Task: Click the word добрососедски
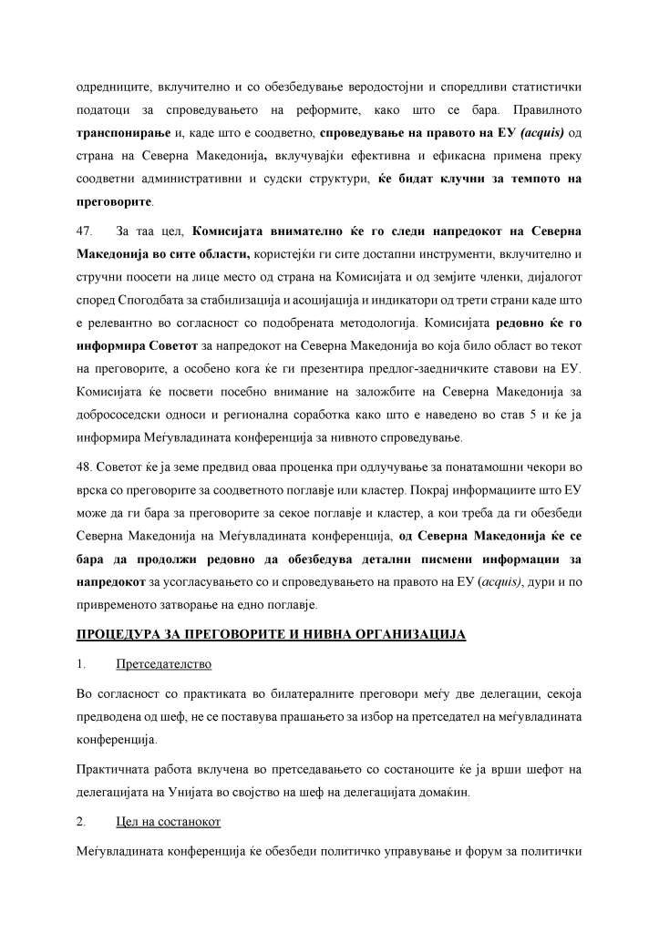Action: pos(121,418)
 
